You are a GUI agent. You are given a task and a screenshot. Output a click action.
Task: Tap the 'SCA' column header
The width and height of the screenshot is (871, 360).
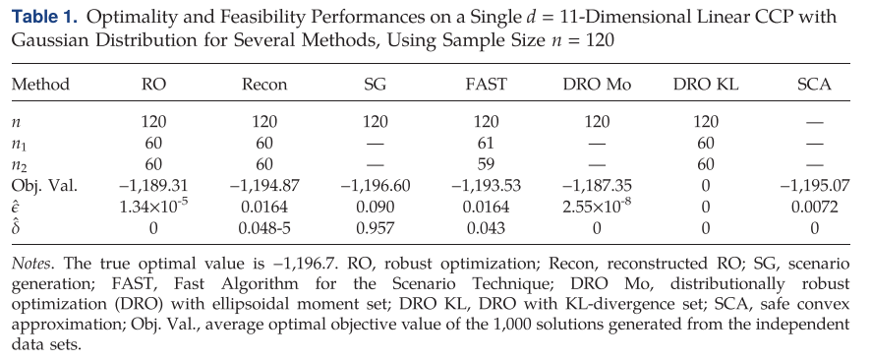coord(815,86)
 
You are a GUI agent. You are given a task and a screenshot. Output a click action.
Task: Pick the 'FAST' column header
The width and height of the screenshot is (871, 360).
coord(486,86)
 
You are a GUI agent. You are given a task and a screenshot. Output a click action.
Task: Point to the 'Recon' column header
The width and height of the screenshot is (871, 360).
coord(264,86)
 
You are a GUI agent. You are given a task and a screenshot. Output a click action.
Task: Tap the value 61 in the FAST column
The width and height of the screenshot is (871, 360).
coord(486,143)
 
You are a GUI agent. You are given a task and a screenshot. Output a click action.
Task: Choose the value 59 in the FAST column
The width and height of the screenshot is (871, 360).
coord(486,164)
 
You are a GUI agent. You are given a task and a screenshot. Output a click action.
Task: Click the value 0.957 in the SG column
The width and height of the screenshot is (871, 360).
coord(375,229)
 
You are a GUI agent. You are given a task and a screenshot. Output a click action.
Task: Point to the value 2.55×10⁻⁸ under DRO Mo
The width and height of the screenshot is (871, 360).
coord(598,208)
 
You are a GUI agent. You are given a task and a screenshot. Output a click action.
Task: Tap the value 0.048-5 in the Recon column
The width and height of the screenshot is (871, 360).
coord(264,229)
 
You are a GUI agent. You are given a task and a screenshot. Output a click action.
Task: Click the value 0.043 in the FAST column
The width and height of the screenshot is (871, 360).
coord(486,229)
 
